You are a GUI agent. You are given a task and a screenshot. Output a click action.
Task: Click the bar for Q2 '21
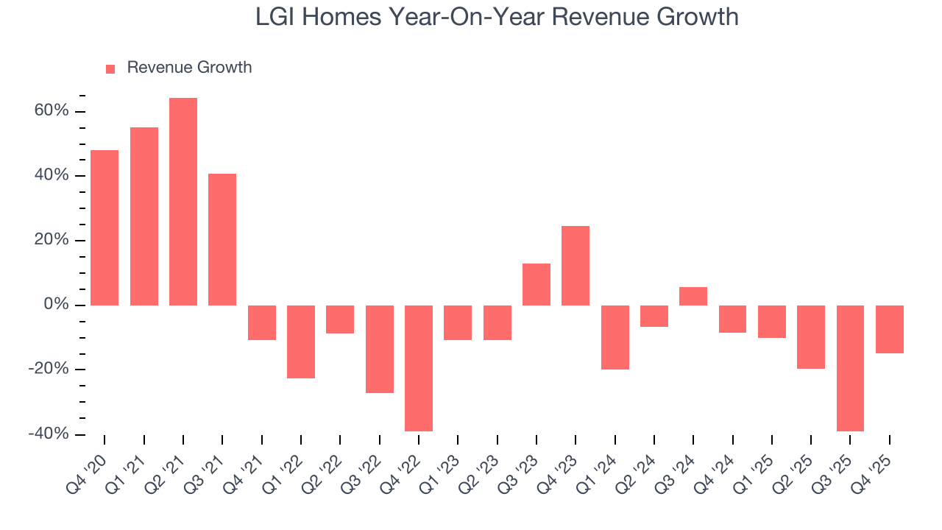coord(183,201)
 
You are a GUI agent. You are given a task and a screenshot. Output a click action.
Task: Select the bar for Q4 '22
coord(419,368)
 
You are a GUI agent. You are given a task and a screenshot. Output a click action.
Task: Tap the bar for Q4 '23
coord(576,265)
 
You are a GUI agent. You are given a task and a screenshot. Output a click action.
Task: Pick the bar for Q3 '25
coord(850,368)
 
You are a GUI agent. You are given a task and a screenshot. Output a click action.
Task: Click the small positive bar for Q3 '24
coord(693,296)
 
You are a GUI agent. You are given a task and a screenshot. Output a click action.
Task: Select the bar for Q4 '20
coord(105,227)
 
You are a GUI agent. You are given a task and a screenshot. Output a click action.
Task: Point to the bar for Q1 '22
coord(301,342)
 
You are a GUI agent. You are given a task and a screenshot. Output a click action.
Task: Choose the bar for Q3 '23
coord(536,284)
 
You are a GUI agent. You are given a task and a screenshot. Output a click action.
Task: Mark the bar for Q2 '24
coord(654,316)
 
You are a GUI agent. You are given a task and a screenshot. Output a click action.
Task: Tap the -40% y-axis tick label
coord(49,434)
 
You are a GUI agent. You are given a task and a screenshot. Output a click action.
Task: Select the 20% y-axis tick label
coord(52,241)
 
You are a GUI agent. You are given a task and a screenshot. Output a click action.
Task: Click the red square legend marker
coord(110,68)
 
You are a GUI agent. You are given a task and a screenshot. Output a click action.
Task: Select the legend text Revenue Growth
coord(189,68)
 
